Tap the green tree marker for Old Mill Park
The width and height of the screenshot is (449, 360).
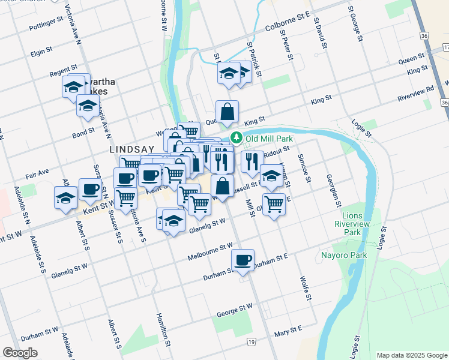(x=237, y=139)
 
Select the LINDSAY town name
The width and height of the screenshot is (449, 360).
(x=130, y=148)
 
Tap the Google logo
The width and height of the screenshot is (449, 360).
(x=20, y=353)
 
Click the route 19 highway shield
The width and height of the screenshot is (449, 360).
(x=252, y=341)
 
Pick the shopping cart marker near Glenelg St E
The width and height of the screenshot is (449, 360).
(x=274, y=203)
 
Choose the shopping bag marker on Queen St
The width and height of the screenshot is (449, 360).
(x=228, y=112)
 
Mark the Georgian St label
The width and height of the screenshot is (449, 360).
(x=337, y=186)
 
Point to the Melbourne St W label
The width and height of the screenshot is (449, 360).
(x=209, y=248)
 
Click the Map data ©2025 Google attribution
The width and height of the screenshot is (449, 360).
(x=411, y=355)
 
